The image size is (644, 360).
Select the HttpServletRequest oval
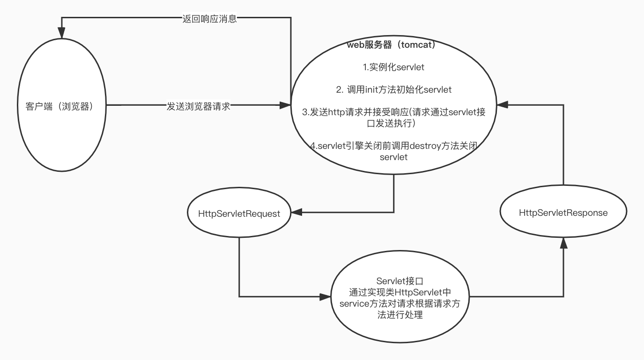pos(239,213)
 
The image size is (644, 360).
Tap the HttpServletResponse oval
pos(563,213)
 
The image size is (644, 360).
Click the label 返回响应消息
pos(209,19)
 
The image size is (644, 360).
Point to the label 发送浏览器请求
pos(199,106)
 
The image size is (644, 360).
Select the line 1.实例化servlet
pos(393,67)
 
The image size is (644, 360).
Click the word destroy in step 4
pos(425,146)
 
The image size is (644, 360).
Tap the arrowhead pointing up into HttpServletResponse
pos(563,242)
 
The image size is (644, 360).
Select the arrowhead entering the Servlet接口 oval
pos(326,296)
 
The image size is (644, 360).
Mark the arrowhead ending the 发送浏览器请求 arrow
pos(285,106)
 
